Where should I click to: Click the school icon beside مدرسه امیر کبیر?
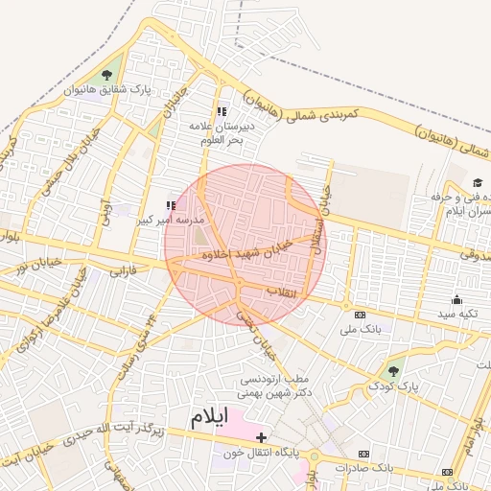point(172,204)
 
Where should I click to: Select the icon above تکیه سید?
point(456,299)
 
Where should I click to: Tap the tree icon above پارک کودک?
point(391,370)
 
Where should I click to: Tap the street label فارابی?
point(124,272)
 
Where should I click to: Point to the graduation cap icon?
point(478,183)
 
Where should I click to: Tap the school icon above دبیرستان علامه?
point(222,111)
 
